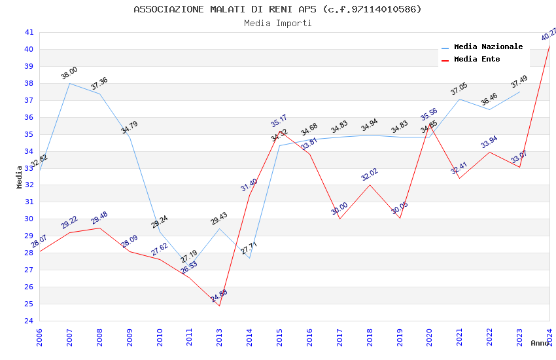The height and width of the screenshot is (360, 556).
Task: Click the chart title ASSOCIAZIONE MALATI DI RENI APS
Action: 277,9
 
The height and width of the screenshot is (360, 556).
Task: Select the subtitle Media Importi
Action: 277,24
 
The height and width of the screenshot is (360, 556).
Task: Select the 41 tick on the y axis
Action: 29,32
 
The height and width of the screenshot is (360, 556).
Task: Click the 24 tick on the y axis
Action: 29,321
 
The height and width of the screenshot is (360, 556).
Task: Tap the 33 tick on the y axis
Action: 29,168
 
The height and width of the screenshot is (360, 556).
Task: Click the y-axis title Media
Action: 20,177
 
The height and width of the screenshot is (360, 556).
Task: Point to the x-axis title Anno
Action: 540,343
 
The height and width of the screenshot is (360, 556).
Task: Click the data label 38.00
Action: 69,73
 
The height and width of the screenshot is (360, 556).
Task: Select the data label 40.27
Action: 549,34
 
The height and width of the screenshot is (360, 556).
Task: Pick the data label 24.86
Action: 220,296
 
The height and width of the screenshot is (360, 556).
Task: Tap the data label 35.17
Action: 279,121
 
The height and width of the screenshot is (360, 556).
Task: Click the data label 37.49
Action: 519,82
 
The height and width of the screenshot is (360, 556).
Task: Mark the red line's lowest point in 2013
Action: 219,306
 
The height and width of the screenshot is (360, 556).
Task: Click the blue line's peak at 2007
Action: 70,83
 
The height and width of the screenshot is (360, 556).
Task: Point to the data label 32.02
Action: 370,175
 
